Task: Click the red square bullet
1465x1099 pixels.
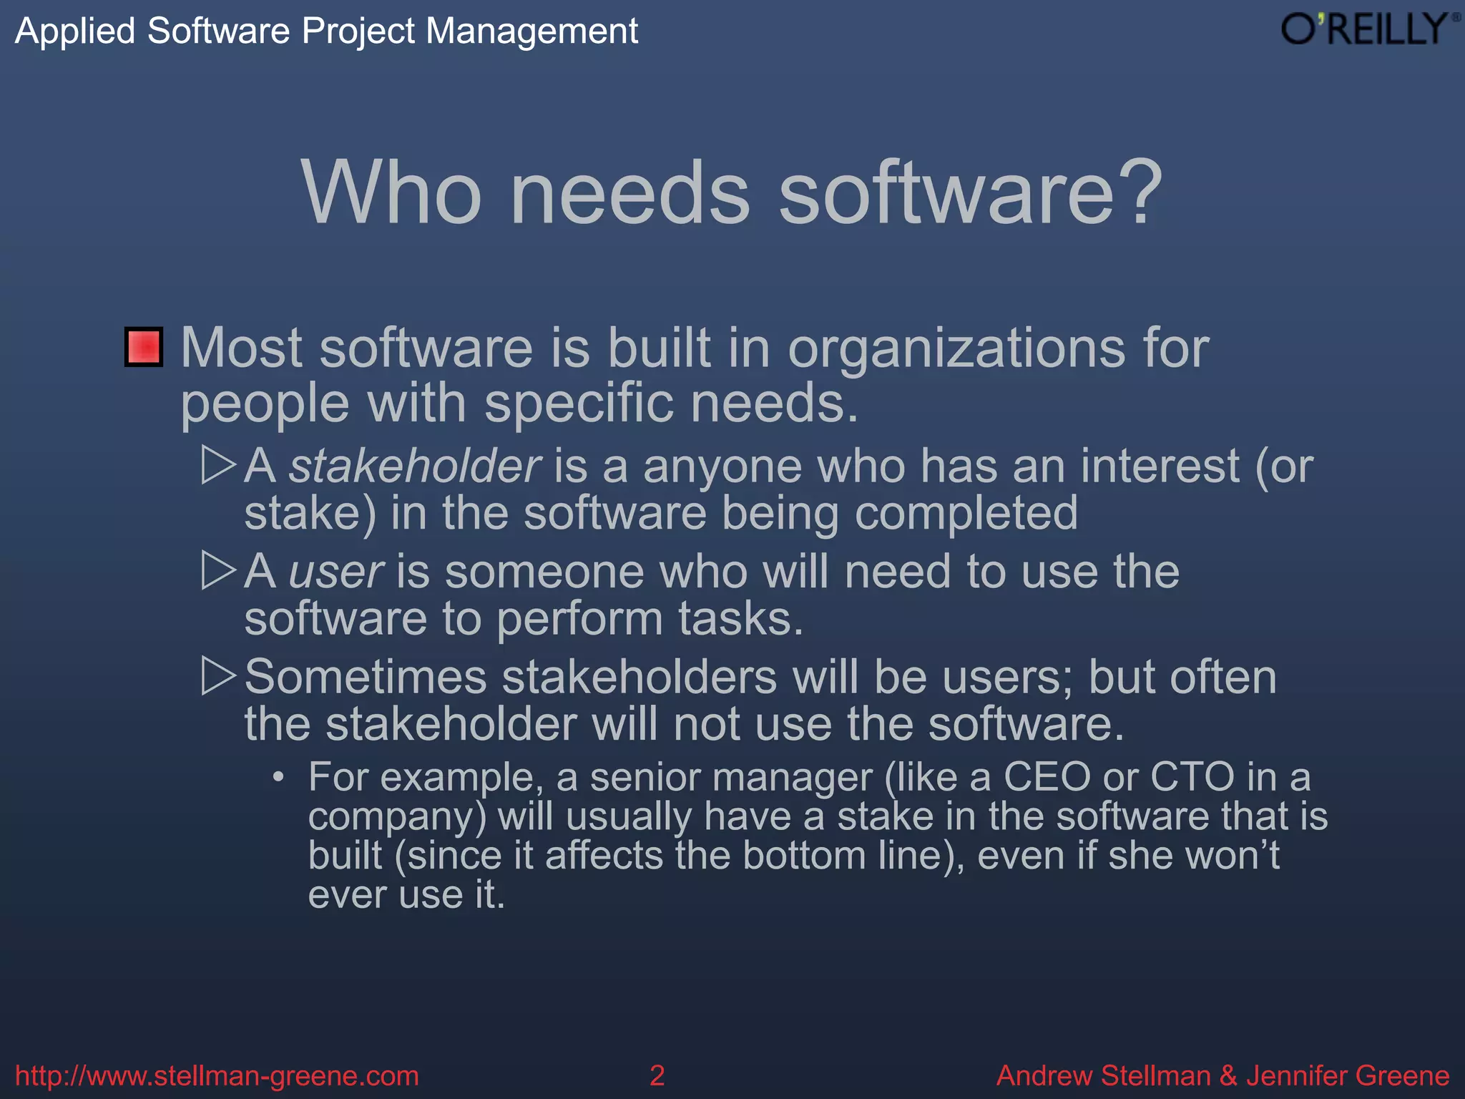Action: click(144, 347)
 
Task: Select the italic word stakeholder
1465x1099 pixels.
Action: click(414, 466)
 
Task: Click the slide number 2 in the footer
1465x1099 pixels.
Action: click(657, 1075)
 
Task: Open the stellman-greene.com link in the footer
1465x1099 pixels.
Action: click(217, 1075)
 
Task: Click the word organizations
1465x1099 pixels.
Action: click(956, 348)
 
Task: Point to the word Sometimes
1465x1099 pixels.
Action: click(366, 677)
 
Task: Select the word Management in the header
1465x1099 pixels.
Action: click(531, 31)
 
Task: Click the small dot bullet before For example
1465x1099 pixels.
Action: click(279, 777)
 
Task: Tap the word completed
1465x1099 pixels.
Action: click(966, 514)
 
